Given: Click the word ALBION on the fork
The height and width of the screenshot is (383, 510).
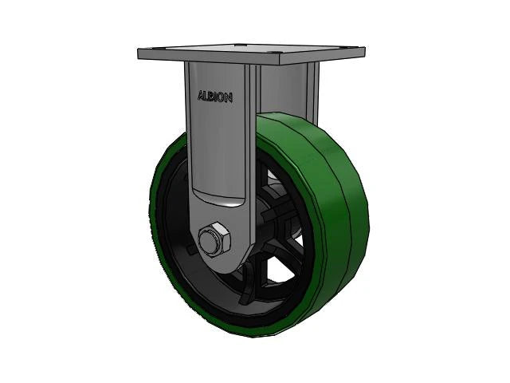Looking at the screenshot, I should click(215, 97).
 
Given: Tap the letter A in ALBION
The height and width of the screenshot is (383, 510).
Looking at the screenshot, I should click(201, 97).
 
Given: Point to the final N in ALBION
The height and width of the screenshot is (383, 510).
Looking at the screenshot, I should click(229, 97).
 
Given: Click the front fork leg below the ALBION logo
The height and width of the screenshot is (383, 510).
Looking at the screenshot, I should click(215, 152).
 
